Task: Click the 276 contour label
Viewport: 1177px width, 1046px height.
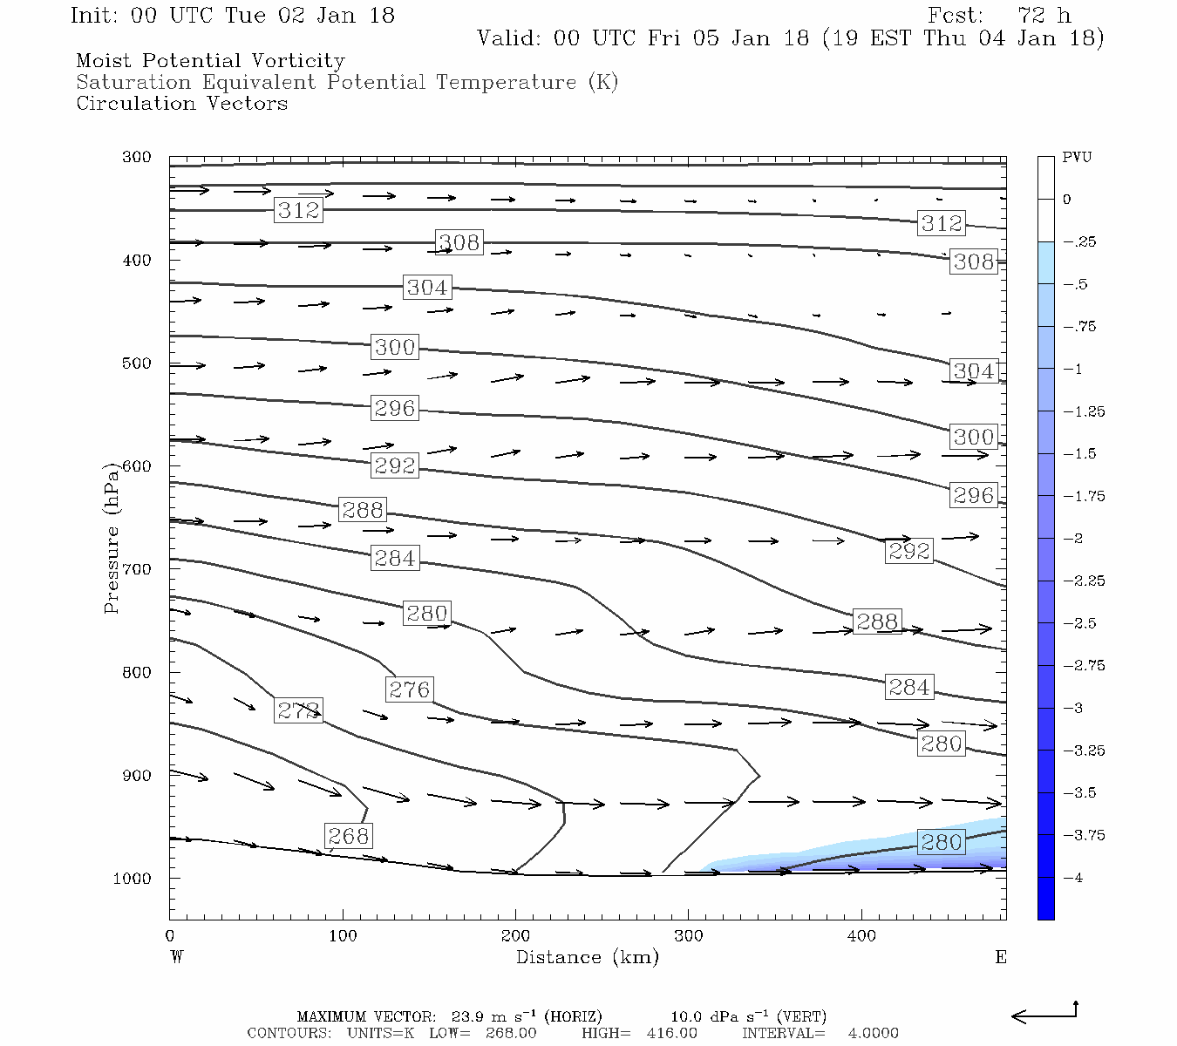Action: coord(409,689)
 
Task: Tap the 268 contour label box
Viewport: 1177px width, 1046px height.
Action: coord(348,837)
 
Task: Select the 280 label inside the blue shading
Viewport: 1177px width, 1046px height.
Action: coord(942,843)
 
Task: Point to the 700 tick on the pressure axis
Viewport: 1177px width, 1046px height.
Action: coord(137,569)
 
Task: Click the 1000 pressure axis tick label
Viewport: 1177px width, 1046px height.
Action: coord(133,879)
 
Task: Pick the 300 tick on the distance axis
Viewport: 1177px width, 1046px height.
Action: coord(689,936)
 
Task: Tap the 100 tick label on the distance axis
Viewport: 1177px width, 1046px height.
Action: coord(343,936)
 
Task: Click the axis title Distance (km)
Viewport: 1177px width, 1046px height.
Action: coord(588,958)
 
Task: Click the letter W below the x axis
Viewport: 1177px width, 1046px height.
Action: coord(177,958)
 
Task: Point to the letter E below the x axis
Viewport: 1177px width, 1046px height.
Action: coord(1000,958)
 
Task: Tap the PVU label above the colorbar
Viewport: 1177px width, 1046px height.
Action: coord(1077,158)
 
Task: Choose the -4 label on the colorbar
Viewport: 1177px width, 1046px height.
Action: coord(1074,878)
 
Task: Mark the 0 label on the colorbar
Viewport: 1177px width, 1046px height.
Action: coord(1067,200)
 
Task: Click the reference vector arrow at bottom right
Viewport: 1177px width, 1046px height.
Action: coord(1044,1014)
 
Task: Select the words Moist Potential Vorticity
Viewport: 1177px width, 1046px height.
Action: coord(210,61)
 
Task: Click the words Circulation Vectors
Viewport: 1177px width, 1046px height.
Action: coord(181,104)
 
